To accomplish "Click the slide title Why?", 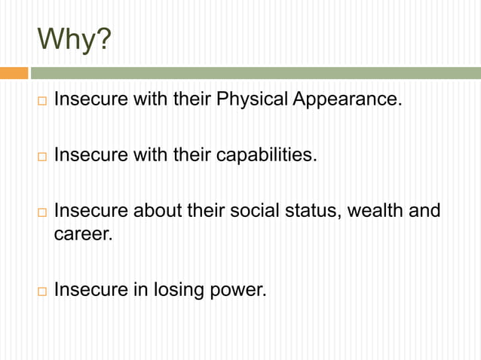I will (x=72, y=40).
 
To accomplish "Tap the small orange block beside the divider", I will (x=14, y=73).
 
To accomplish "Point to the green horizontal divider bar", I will (x=255, y=73).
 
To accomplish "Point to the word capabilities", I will (x=267, y=156).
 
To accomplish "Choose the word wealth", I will (x=376, y=211).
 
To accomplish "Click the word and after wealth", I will (x=424, y=211).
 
